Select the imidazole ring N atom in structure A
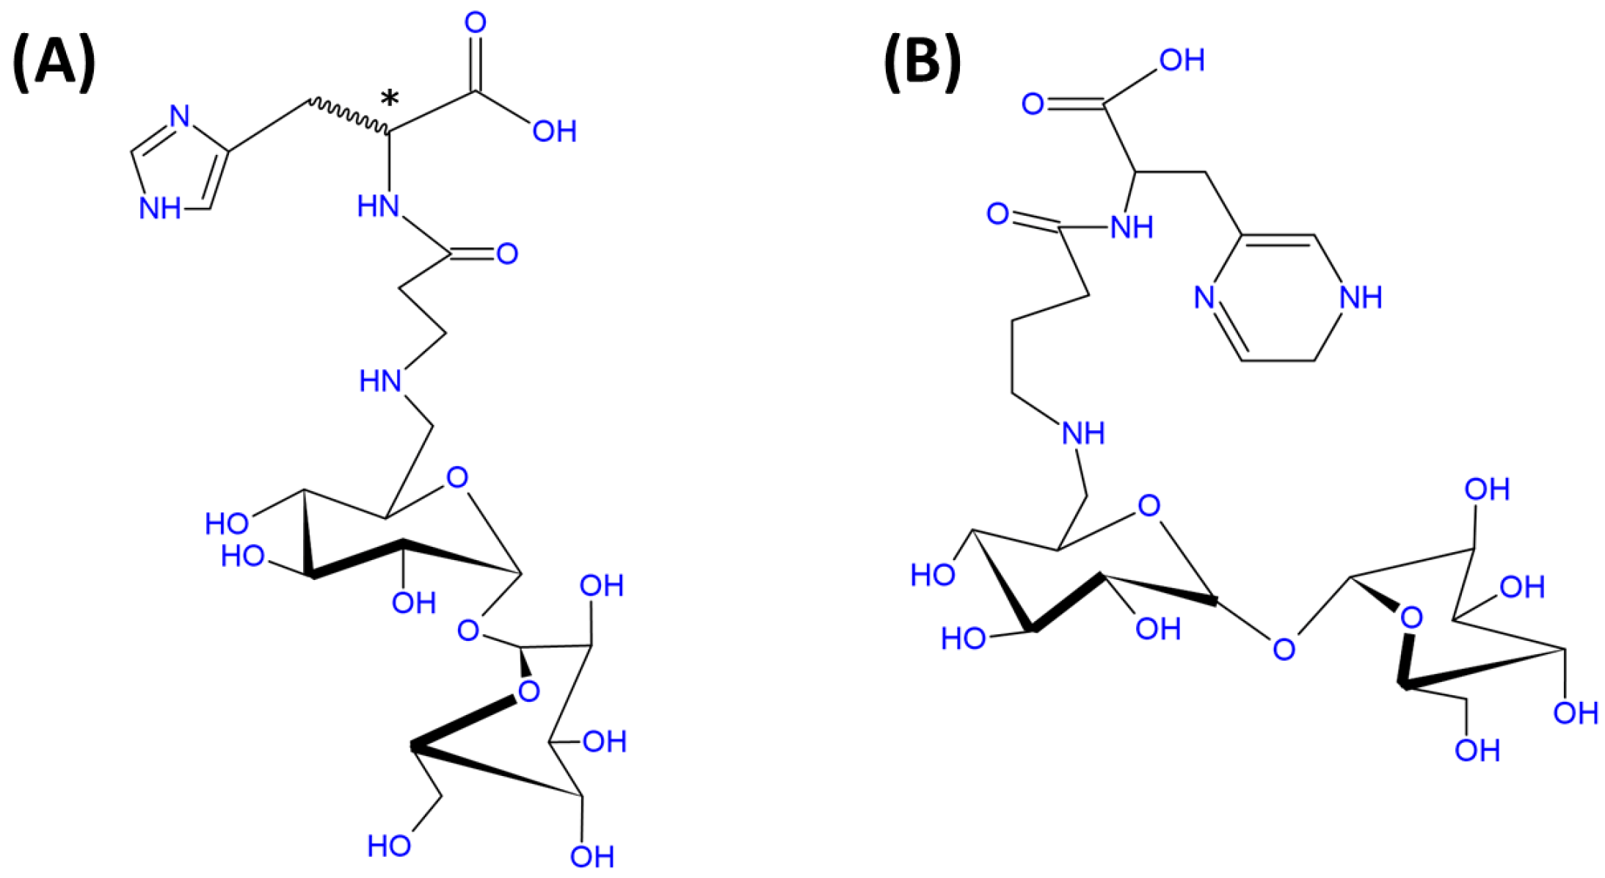click(179, 116)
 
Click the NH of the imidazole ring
click(160, 208)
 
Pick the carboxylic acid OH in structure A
click(554, 131)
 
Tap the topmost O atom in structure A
click(476, 23)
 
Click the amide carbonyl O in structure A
click(507, 254)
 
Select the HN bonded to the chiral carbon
click(379, 206)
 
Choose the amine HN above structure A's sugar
click(380, 381)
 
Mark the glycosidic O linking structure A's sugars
click(467, 630)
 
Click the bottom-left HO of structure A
click(389, 846)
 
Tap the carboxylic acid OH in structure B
click(1182, 60)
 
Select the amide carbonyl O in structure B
click(998, 214)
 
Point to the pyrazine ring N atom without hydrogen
click(1204, 297)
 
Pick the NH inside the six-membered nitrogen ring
click(1360, 297)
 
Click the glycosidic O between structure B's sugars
click(1284, 649)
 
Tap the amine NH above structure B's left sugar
click(1083, 433)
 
